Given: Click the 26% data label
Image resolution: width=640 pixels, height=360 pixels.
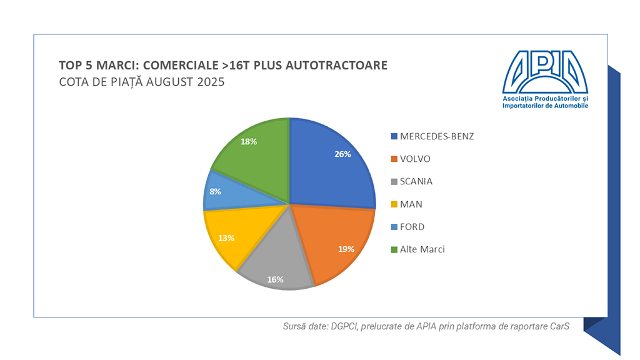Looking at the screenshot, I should [x=342, y=154].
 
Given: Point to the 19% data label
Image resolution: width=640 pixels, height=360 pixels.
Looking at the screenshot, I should [x=346, y=249].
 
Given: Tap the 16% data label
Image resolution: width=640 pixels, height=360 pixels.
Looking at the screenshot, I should [x=276, y=279].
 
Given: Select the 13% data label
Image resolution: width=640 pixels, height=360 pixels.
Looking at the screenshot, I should [x=226, y=237].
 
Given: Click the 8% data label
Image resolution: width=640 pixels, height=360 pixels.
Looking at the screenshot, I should [x=215, y=191].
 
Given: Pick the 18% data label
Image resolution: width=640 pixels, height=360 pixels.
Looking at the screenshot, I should [x=249, y=142].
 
